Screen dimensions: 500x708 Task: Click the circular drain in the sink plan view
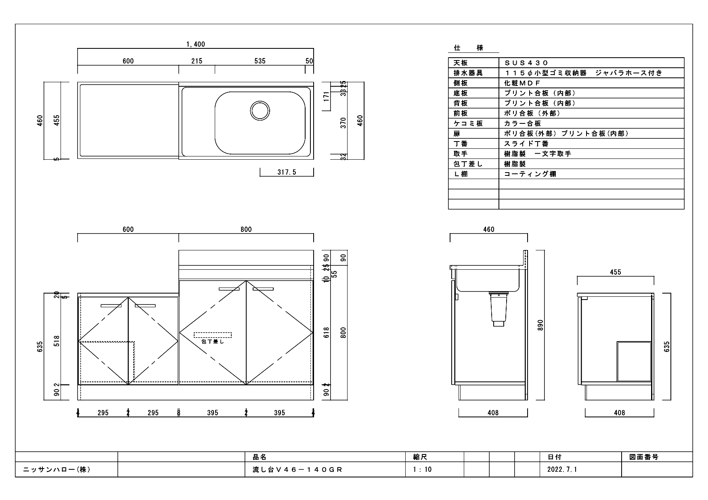coord(260,110)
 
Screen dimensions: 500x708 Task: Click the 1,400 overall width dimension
coord(195,44)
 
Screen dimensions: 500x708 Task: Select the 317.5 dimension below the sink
coord(287,172)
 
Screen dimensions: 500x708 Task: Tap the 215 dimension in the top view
coord(197,61)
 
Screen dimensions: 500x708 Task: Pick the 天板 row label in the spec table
coord(461,63)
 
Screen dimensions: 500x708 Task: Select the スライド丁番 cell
coord(526,144)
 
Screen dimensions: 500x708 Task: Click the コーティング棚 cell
coord(530,174)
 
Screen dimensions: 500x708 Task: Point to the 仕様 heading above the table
coord(468,48)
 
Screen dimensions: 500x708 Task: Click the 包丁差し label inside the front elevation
coord(212,342)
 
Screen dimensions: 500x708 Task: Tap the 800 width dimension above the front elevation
coord(246,229)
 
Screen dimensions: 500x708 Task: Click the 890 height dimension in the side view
coord(541,325)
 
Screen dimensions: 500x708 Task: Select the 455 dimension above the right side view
coord(615,272)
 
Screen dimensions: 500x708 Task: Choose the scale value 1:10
coord(422,469)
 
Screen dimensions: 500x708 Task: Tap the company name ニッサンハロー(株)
coord(57,469)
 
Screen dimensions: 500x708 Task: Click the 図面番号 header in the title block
coord(644,457)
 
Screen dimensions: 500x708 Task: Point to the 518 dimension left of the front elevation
coord(57,341)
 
